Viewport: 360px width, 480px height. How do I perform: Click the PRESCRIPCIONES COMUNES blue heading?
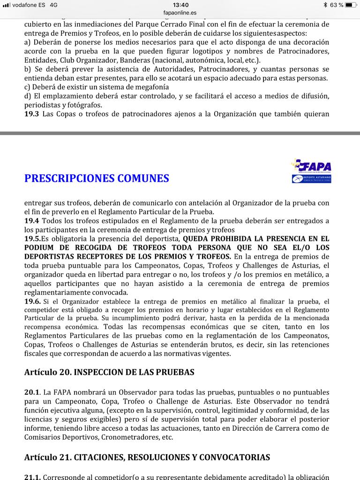pos(97,179)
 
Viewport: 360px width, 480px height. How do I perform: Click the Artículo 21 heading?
pos(147,457)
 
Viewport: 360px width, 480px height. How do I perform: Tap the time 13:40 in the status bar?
pos(180,5)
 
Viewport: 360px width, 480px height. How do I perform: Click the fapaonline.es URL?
pos(180,13)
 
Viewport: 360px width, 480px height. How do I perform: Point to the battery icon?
pos(352,5)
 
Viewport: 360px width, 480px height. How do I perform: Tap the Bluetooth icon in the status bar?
pos(325,5)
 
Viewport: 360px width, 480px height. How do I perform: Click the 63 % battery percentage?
pos(336,5)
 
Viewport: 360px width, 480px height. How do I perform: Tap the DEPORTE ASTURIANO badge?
pos(311,178)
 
